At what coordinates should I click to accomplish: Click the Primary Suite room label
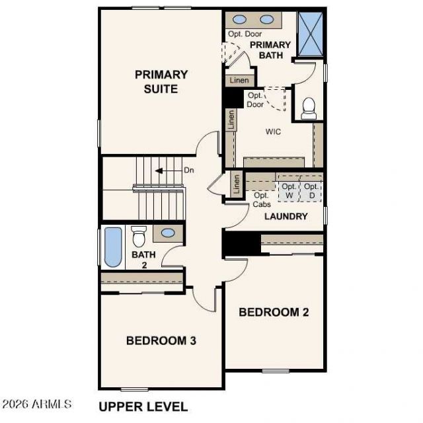tap(161, 82)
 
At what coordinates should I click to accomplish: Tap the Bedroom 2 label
tap(274, 312)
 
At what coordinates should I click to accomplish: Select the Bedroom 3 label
tap(161, 340)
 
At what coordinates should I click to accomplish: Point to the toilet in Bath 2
tap(139, 237)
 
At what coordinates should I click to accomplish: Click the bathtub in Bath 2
tap(113, 247)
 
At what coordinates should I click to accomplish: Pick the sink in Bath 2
tap(168, 233)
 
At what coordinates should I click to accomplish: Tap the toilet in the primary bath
tap(309, 108)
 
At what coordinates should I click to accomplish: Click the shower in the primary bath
tap(311, 34)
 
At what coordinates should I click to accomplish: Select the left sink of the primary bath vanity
tap(239, 19)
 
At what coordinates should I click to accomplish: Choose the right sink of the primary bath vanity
tap(267, 19)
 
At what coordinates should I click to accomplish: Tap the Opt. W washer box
tap(289, 191)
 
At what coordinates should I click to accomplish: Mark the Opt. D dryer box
tap(311, 191)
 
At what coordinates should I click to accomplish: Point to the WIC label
tap(273, 132)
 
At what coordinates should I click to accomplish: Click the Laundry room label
tap(286, 216)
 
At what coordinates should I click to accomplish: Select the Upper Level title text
tap(143, 406)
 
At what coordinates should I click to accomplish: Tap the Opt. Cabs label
tap(262, 200)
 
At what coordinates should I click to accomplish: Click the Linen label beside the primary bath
tap(239, 80)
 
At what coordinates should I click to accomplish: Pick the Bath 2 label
tap(144, 260)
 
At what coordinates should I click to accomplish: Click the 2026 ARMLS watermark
tap(36, 404)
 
